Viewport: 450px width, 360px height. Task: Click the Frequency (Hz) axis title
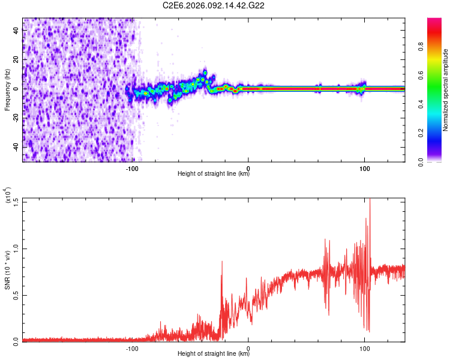[x=7, y=90]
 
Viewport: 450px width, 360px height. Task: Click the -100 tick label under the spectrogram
[x=133, y=168]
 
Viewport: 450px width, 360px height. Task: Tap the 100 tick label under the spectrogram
[x=364, y=168]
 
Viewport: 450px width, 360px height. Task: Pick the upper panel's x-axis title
[x=214, y=174]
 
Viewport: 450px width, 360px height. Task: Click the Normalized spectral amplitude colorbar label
[x=446, y=90]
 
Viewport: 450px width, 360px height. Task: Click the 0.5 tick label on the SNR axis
[x=14, y=295]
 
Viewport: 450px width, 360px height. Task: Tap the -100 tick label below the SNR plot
[x=133, y=348]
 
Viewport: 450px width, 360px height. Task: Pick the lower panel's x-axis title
[x=214, y=354]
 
